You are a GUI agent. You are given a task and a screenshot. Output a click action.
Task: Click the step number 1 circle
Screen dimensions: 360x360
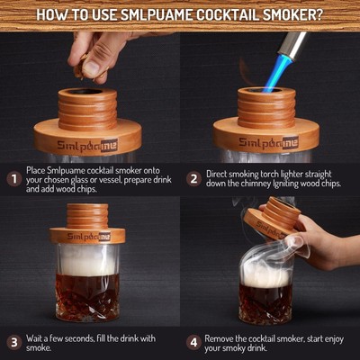13,178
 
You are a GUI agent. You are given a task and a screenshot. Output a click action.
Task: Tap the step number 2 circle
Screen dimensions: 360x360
193,178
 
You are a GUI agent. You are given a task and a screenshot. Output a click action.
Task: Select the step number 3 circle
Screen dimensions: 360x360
13,342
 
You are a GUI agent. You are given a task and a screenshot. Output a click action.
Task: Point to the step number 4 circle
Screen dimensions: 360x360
193,342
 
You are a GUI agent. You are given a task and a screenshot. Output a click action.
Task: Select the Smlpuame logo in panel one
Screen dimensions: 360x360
85,141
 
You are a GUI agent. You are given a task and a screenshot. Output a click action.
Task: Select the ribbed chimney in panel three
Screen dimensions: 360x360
87,215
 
